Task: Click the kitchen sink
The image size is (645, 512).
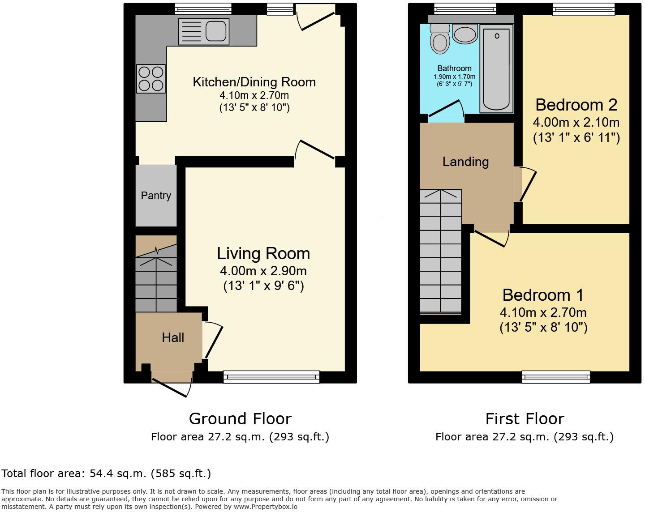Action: (x=204, y=31)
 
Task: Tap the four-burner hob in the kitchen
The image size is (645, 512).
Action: (x=151, y=79)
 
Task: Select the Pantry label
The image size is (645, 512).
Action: (x=156, y=196)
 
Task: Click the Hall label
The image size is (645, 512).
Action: (x=173, y=337)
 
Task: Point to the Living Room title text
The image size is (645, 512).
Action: (x=263, y=253)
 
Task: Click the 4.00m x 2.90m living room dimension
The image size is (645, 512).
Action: (x=263, y=271)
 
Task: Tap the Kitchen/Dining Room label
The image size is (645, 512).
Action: (x=254, y=82)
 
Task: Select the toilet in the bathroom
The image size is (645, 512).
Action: (x=439, y=39)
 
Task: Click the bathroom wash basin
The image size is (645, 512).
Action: (x=465, y=34)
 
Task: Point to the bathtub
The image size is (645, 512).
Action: (x=496, y=68)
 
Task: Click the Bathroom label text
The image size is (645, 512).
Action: (x=454, y=68)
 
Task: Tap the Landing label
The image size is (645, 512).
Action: (x=465, y=162)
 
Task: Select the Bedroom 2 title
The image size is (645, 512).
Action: (x=576, y=105)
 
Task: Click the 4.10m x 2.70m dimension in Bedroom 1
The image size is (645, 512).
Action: (x=543, y=312)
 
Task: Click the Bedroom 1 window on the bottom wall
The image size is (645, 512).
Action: (x=556, y=377)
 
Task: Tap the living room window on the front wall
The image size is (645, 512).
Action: (x=271, y=377)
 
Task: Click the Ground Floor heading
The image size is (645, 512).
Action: (x=240, y=418)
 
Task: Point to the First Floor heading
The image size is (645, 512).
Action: (x=525, y=418)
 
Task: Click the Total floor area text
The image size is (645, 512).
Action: (x=106, y=474)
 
